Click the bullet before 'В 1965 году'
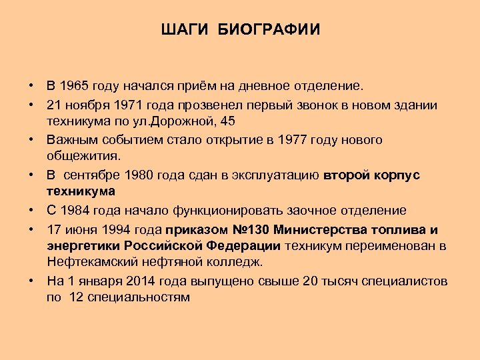point(31,87)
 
